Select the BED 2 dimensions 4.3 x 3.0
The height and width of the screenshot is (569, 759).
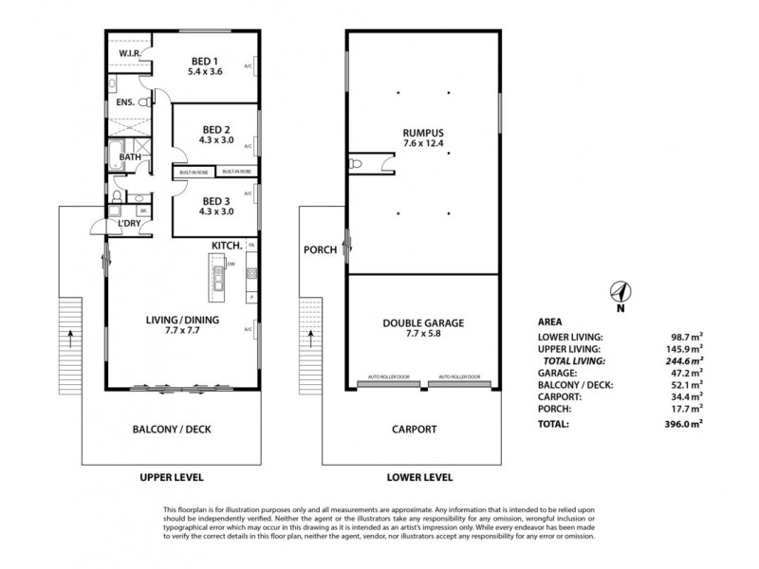click(x=217, y=140)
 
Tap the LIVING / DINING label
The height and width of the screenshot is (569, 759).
click(x=184, y=321)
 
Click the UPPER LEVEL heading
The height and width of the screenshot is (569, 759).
click(x=173, y=477)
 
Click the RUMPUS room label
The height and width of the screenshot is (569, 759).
click(x=422, y=132)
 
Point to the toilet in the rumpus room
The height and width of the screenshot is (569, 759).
click(x=358, y=166)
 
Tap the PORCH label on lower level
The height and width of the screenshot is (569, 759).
click(x=320, y=251)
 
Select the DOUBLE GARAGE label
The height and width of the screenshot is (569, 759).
click(x=421, y=321)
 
